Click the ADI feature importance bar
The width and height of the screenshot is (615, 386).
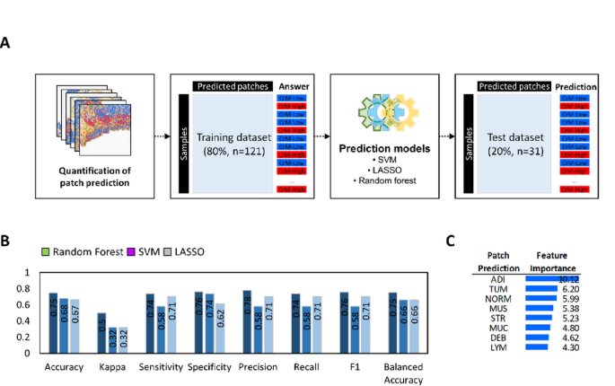tap(551, 279)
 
